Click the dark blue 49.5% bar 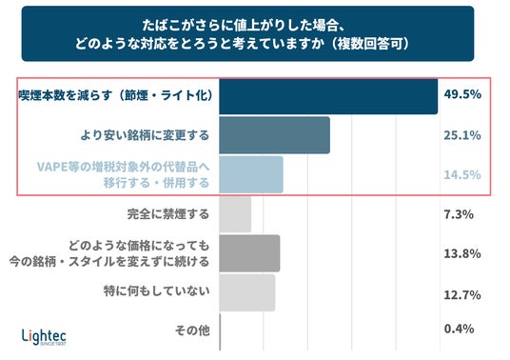tap(328, 96)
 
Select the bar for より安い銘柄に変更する tap(275, 135)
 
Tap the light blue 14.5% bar tap(251, 174)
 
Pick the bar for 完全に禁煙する tap(235, 214)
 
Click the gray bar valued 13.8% tap(249, 253)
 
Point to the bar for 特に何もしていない tap(247, 292)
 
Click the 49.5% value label tap(462, 94)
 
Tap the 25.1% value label tap(462, 135)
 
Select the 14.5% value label tap(462, 175)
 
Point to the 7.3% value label tap(459, 214)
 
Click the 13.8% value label tap(462, 253)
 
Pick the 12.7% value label tap(462, 295)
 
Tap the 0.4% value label tap(459, 329)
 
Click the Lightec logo tap(44, 337)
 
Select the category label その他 tap(192, 330)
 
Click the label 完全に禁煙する tap(168, 214)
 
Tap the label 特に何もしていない tap(156, 290)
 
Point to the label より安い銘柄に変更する tap(145, 135)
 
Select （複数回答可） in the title tap(372, 43)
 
